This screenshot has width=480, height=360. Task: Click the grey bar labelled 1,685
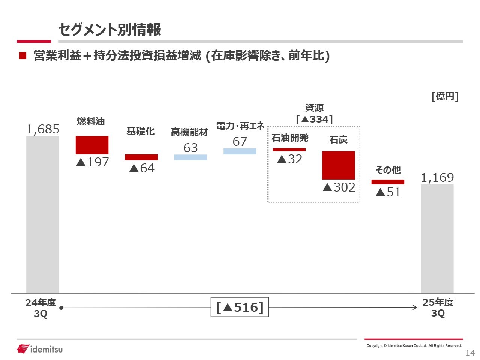coord(42,214)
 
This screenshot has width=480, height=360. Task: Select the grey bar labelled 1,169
coord(437,238)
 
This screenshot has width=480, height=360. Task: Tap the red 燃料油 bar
coord(92,145)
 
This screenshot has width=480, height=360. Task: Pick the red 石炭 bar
coord(338,165)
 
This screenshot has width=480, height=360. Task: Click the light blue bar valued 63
coord(190,157)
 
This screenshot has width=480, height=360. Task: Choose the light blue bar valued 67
coord(240,151)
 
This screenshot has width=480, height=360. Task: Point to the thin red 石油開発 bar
coord(289,150)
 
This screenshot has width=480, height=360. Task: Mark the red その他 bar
coord(388,182)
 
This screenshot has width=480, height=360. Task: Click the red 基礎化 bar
coord(141,157)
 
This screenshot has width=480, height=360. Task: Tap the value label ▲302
coord(339,187)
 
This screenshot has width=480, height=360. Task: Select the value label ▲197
coord(92,162)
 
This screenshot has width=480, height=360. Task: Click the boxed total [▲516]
coord(240,307)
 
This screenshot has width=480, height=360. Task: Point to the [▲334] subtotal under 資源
coord(314,119)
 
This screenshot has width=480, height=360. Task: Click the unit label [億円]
coord(445,96)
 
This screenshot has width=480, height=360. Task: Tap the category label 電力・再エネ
coord(240,126)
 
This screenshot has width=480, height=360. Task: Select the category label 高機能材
coord(189,132)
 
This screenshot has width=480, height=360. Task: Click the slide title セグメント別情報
coord(109,30)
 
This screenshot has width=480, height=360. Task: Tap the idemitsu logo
coord(40,349)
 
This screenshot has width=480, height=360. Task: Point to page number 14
coord(470,353)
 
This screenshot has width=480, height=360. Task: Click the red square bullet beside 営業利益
coord(23,56)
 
